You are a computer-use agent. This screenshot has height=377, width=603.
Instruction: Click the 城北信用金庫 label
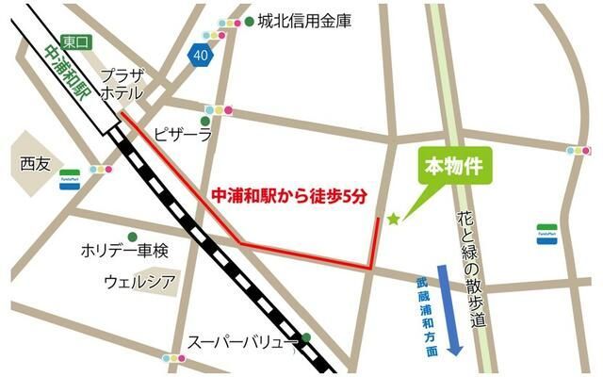[304, 21]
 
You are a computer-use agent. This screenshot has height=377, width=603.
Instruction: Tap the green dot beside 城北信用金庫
[249, 21]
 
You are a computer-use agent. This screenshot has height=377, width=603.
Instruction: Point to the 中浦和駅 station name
[66, 76]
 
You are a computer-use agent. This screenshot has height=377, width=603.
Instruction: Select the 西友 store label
[35, 162]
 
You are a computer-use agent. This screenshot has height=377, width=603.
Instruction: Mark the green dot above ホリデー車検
[132, 236]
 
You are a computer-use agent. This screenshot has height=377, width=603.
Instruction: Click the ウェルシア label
[139, 282]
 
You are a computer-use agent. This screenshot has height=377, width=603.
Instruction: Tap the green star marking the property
[393, 220]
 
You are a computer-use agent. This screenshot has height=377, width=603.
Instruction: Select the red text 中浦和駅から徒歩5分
[286, 196]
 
